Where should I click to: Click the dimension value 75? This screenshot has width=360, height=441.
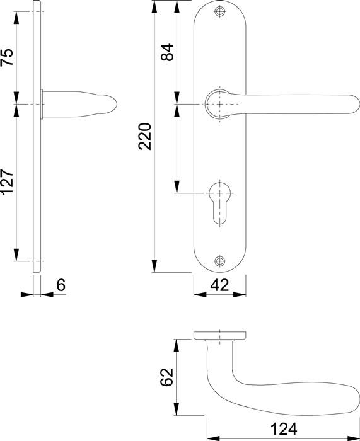pyautogui.click(x=7, y=57)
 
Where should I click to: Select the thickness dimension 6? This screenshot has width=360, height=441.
pyautogui.click(x=61, y=285)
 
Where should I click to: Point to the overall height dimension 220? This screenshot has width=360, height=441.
pyautogui.click(x=145, y=136)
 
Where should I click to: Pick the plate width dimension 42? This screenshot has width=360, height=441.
pyautogui.click(x=219, y=285)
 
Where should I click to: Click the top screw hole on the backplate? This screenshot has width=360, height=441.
pyautogui.click(x=219, y=12)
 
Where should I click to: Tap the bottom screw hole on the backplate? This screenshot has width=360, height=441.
pyautogui.click(x=219, y=261)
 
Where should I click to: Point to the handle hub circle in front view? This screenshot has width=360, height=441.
pyautogui.click(x=218, y=103)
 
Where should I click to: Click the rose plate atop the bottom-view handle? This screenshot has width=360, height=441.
pyautogui.click(x=219, y=335)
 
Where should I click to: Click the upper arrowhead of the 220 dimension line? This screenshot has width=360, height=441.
pyautogui.click(x=154, y=6)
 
